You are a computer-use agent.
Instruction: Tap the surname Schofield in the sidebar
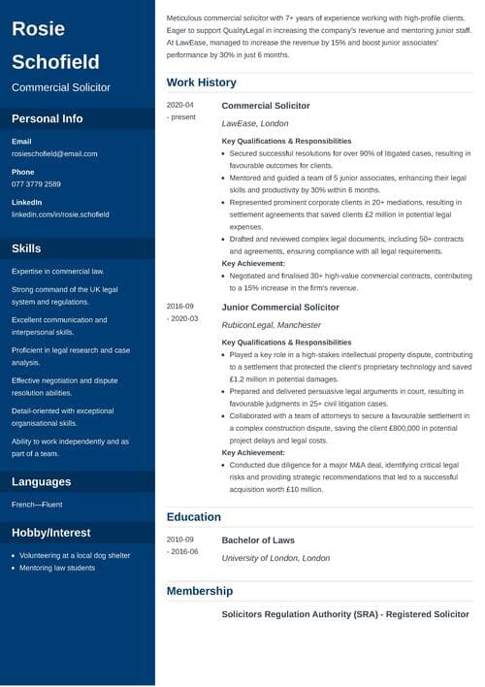click(55, 62)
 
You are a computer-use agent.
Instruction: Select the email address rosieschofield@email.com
click(54, 153)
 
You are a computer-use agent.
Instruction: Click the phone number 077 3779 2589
click(36, 183)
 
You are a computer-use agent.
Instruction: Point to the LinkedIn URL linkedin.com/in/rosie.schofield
click(60, 213)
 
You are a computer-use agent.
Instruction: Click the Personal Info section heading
click(48, 119)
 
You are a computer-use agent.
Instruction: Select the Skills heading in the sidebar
click(26, 248)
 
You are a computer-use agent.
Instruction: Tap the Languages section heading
click(42, 481)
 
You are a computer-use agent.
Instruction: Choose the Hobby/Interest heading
click(50, 532)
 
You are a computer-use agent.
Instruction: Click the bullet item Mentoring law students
click(57, 568)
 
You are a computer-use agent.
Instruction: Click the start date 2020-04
click(180, 105)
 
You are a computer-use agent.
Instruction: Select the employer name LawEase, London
click(255, 123)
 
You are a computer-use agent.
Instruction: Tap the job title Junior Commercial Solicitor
click(280, 307)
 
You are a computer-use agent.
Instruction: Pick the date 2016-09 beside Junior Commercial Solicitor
click(180, 307)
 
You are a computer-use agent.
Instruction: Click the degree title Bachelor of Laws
click(258, 540)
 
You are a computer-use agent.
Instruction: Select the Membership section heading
click(199, 590)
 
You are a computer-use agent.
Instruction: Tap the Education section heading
click(194, 517)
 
